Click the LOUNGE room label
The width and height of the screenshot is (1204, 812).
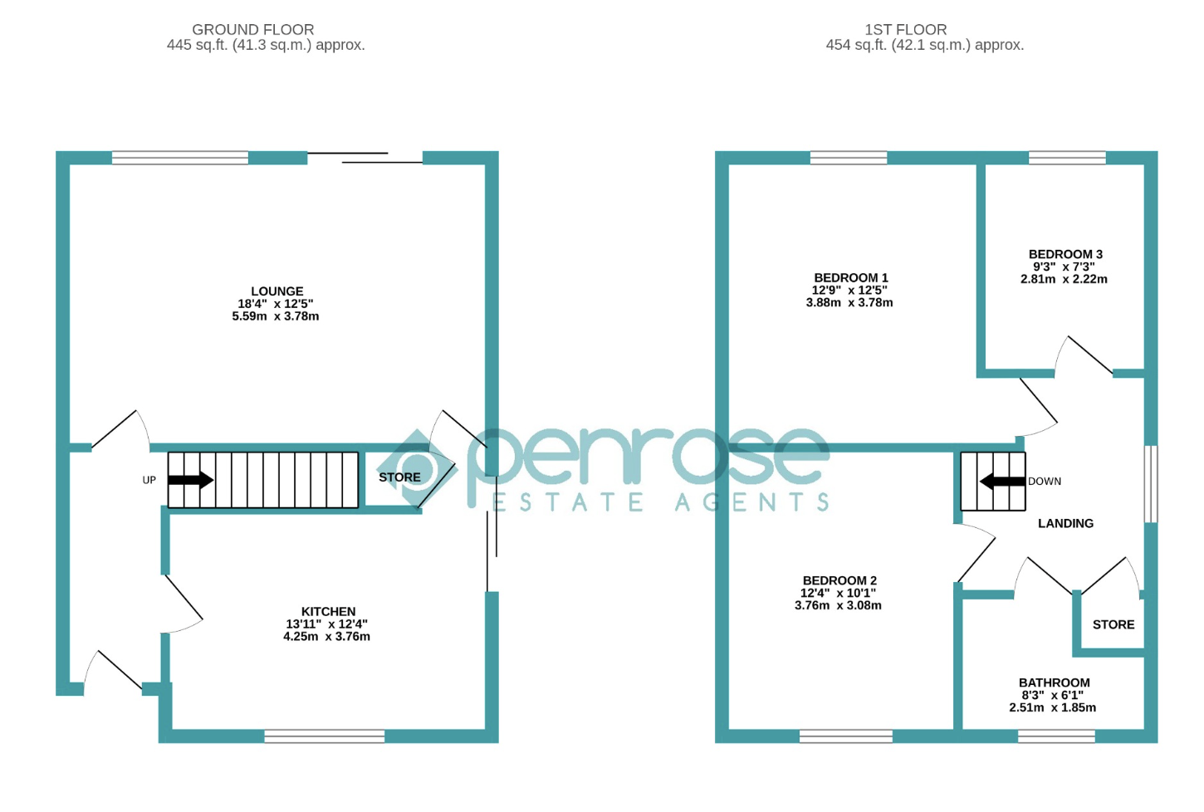(x=277, y=291)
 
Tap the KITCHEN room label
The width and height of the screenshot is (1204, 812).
(x=329, y=612)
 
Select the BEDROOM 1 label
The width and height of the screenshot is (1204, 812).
(x=851, y=278)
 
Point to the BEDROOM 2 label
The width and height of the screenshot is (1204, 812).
(x=839, y=580)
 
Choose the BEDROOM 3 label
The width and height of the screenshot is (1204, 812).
(x=1065, y=254)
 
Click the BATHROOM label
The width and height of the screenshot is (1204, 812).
(x=1054, y=682)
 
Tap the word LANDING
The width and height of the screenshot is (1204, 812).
(x=1065, y=523)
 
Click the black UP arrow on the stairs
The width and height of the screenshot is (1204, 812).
(x=191, y=480)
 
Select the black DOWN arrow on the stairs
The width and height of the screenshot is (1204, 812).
(x=1002, y=481)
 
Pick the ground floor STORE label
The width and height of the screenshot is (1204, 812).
(x=399, y=477)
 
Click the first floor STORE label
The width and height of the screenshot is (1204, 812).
(x=1113, y=624)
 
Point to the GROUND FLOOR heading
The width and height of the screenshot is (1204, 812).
(x=253, y=30)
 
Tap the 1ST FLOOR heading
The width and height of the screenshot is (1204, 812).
(x=906, y=30)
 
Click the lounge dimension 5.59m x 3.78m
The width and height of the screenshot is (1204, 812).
(x=275, y=316)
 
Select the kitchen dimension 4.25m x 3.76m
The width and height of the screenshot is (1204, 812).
(x=327, y=636)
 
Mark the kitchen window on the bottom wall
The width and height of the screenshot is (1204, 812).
(x=325, y=736)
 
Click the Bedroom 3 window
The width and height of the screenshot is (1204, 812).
(x=1068, y=158)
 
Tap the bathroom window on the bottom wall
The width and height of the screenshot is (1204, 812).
(x=1057, y=736)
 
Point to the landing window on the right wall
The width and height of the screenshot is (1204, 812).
(x=1151, y=484)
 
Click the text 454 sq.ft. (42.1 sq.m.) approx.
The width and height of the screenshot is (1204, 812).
(x=924, y=45)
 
